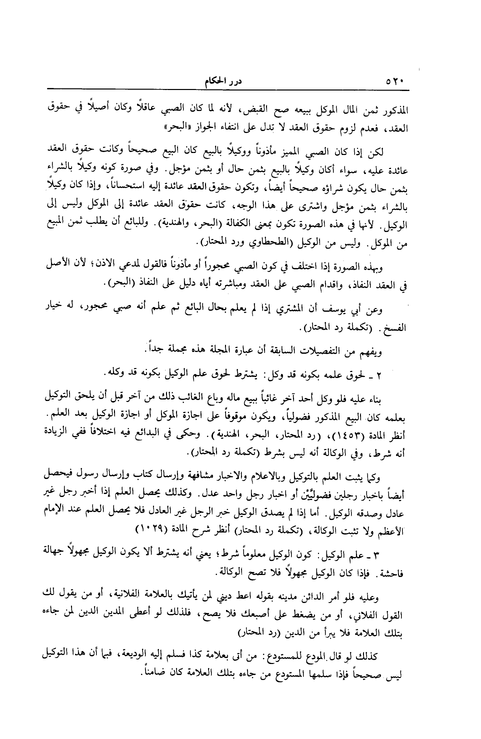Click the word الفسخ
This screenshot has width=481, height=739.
click(x=394, y=329)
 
